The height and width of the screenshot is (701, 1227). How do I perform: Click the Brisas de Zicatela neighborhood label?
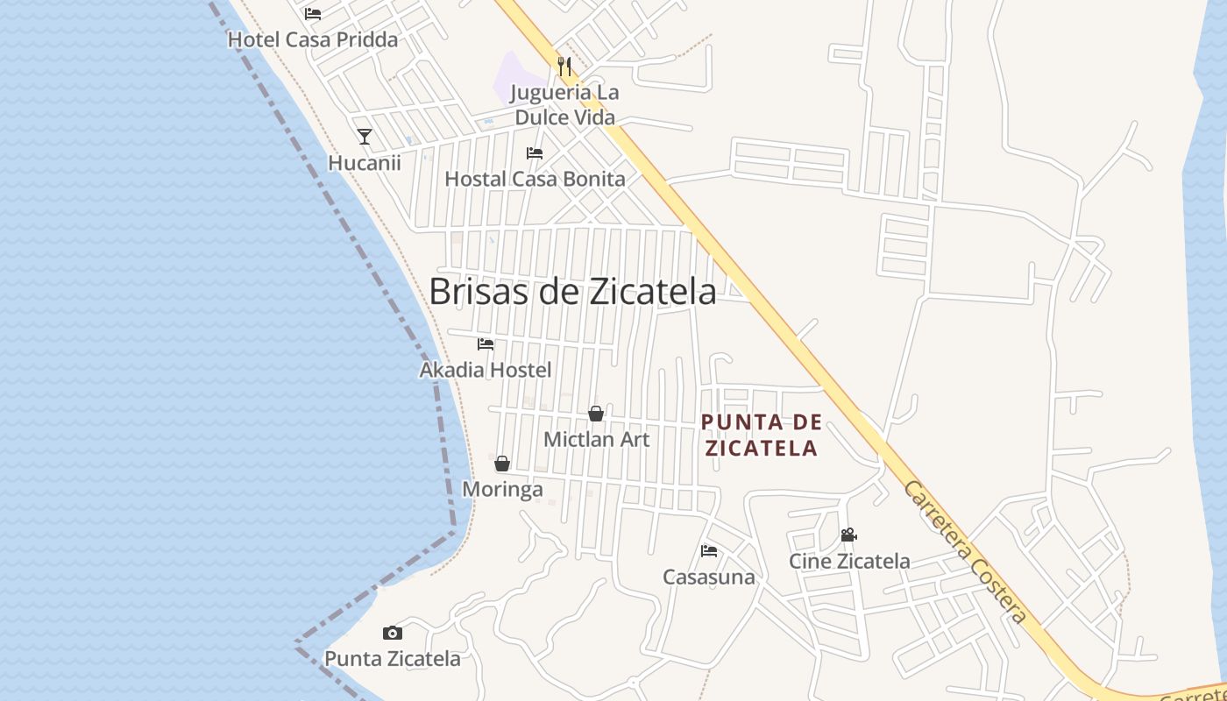click(x=572, y=292)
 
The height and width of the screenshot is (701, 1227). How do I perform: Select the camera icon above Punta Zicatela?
click(x=393, y=633)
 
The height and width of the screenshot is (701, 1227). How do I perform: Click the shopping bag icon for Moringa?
click(x=502, y=464)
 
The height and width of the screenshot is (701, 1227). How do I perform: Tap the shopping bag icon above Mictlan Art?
click(x=596, y=414)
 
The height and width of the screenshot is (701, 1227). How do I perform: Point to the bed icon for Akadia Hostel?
click(x=486, y=344)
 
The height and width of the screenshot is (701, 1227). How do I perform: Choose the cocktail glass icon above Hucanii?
click(x=365, y=137)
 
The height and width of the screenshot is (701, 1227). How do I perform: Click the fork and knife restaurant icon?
click(x=564, y=66)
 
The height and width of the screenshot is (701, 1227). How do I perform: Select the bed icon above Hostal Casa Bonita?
click(x=535, y=153)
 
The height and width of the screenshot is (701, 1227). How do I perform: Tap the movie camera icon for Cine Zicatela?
click(x=848, y=535)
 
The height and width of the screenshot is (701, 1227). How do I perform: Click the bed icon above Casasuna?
click(x=709, y=551)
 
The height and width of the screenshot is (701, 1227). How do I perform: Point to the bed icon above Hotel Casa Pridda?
click(x=313, y=14)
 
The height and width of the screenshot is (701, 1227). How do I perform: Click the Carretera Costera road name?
click(x=965, y=551)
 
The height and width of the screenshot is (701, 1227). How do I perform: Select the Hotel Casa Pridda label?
click(x=313, y=39)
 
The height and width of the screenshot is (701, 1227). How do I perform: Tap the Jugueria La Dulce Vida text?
click(x=565, y=104)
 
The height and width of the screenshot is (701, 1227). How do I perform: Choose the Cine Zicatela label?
click(x=849, y=561)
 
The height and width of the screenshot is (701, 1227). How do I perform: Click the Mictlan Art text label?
click(x=597, y=439)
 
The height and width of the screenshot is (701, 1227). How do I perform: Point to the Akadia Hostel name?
click(x=486, y=370)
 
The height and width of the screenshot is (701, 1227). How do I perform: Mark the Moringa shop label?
click(x=502, y=489)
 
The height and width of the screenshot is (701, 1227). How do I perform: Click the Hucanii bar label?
click(x=365, y=163)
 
